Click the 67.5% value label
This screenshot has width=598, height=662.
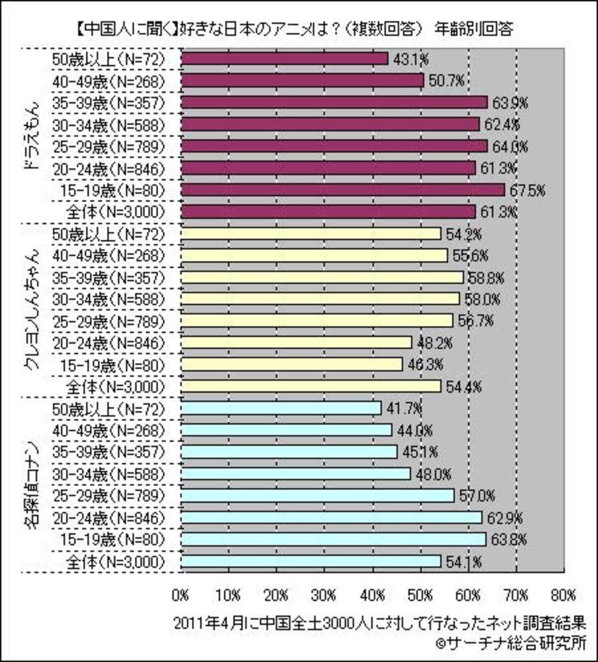click(526, 190)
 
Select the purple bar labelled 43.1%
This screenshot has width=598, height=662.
click(284, 59)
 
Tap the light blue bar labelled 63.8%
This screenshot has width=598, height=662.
click(333, 539)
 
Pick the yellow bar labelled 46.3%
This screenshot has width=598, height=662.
click(291, 364)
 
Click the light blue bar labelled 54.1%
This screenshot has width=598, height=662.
click(310, 561)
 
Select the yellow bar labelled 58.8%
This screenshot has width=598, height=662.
click(322, 277)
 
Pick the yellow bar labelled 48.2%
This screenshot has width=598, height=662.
click(296, 342)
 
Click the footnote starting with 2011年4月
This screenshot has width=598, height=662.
click(379, 623)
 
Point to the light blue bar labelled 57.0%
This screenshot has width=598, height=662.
click(317, 496)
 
